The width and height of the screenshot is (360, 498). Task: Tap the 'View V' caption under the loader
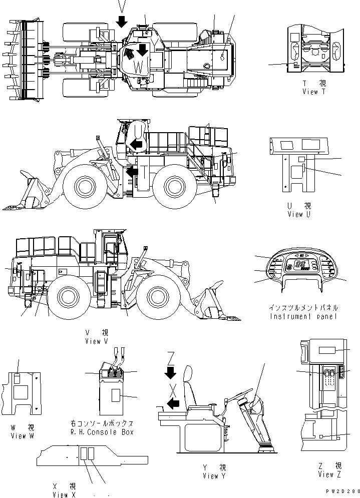point(97,341)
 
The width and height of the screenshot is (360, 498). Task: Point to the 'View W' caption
point(23,435)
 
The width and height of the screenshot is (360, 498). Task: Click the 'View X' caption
point(65,494)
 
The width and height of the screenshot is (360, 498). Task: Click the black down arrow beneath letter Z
point(170,372)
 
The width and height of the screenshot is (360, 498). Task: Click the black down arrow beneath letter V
point(121,22)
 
